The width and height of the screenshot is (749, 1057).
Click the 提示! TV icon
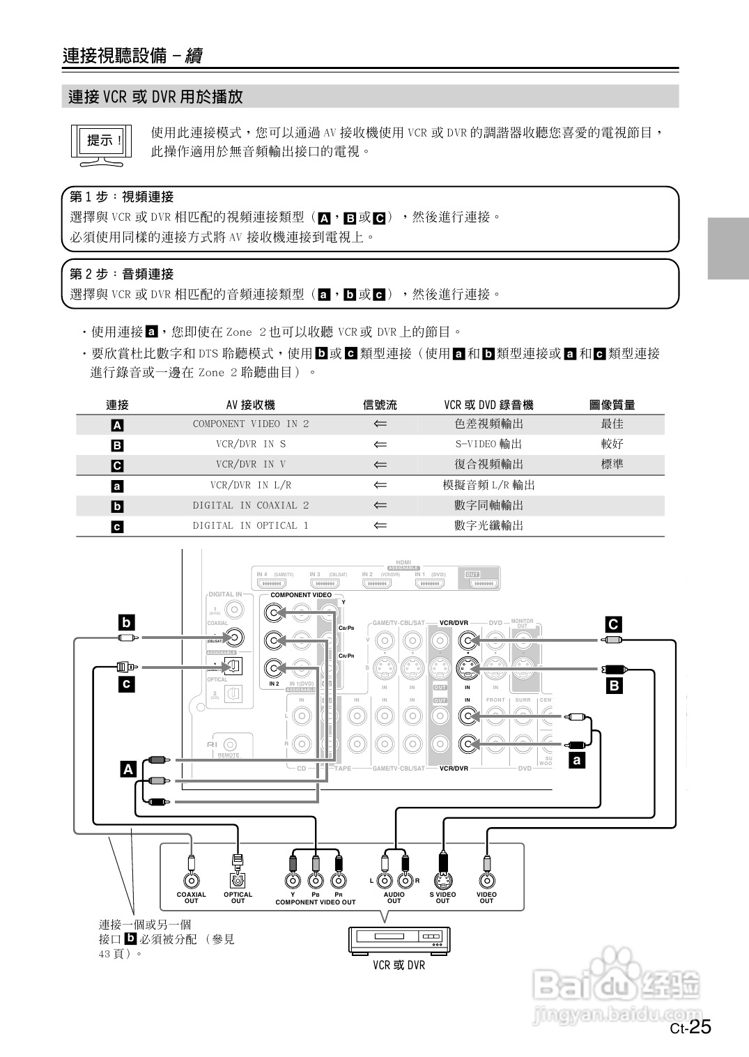[102, 145]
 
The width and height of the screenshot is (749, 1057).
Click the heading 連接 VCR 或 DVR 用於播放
[156, 97]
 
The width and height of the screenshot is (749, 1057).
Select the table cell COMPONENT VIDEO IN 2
[251, 424]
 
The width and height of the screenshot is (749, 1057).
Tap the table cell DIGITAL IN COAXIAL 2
[251, 505]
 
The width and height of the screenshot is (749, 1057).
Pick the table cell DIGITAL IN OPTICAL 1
[251, 525]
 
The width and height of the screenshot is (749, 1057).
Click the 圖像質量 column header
[612, 405]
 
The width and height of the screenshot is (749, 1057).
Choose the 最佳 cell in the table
[612, 424]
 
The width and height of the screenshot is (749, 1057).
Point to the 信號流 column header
[380, 405]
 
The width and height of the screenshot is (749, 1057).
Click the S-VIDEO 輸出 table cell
[488, 444]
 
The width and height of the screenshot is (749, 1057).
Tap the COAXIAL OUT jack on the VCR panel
[191, 880]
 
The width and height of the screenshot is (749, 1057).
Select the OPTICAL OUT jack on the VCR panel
[238, 880]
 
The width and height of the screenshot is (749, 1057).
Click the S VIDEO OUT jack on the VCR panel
[442, 880]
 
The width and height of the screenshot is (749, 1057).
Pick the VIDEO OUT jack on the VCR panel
[486, 880]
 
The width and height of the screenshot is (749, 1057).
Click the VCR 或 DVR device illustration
[399, 941]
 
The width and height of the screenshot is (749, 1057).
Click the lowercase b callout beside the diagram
[126, 622]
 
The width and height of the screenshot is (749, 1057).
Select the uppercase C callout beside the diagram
[613, 624]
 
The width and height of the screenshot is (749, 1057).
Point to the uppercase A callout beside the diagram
[128, 769]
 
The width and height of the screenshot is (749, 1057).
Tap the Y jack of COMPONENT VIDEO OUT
[293, 880]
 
